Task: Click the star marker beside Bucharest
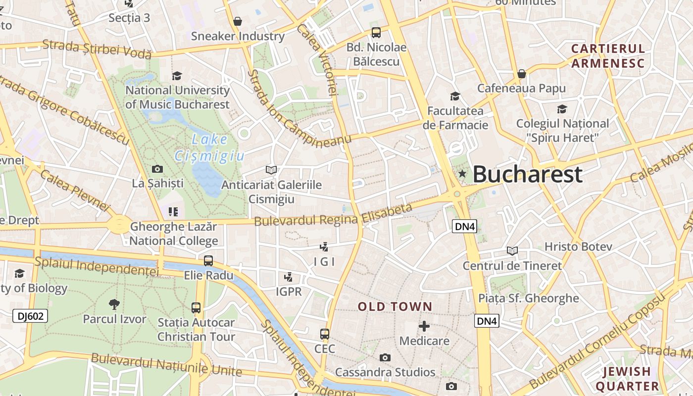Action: coord(462,174)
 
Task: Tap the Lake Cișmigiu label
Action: coord(209,148)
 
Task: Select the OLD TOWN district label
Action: coord(395,307)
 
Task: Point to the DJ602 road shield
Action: coord(30,316)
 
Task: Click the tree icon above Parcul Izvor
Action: coord(114,304)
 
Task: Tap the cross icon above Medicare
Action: coord(424,326)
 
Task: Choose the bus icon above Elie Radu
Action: coord(208,260)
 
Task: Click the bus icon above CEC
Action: coord(325,334)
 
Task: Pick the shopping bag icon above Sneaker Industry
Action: coord(238,21)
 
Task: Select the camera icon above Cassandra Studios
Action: coord(385,357)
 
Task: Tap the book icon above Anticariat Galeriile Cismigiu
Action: coord(271,170)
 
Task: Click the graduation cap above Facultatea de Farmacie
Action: coord(455,96)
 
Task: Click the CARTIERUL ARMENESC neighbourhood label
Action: coord(608,56)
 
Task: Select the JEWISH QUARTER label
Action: coord(627,379)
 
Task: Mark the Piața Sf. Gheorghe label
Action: coord(528,298)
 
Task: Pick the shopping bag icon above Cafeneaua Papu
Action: coord(521,74)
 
